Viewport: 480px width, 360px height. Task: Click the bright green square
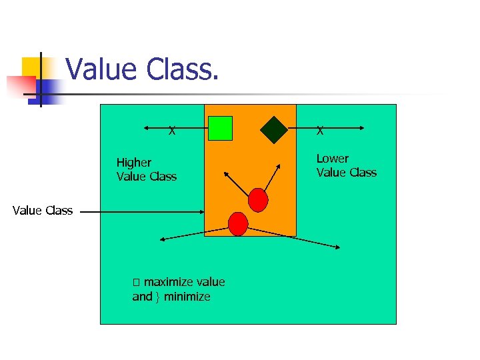[220, 128]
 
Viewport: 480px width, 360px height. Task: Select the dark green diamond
[273, 130]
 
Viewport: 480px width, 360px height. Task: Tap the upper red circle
[258, 199]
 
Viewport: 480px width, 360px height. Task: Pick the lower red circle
[238, 223]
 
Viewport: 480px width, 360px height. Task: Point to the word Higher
[133, 163]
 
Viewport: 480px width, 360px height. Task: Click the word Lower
[332, 159]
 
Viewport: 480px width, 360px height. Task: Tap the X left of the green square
[172, 131]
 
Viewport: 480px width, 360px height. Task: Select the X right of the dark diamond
[320, 131]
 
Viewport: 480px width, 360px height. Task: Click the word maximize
[165, 282]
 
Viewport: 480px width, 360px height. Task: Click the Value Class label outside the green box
[43, 211]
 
